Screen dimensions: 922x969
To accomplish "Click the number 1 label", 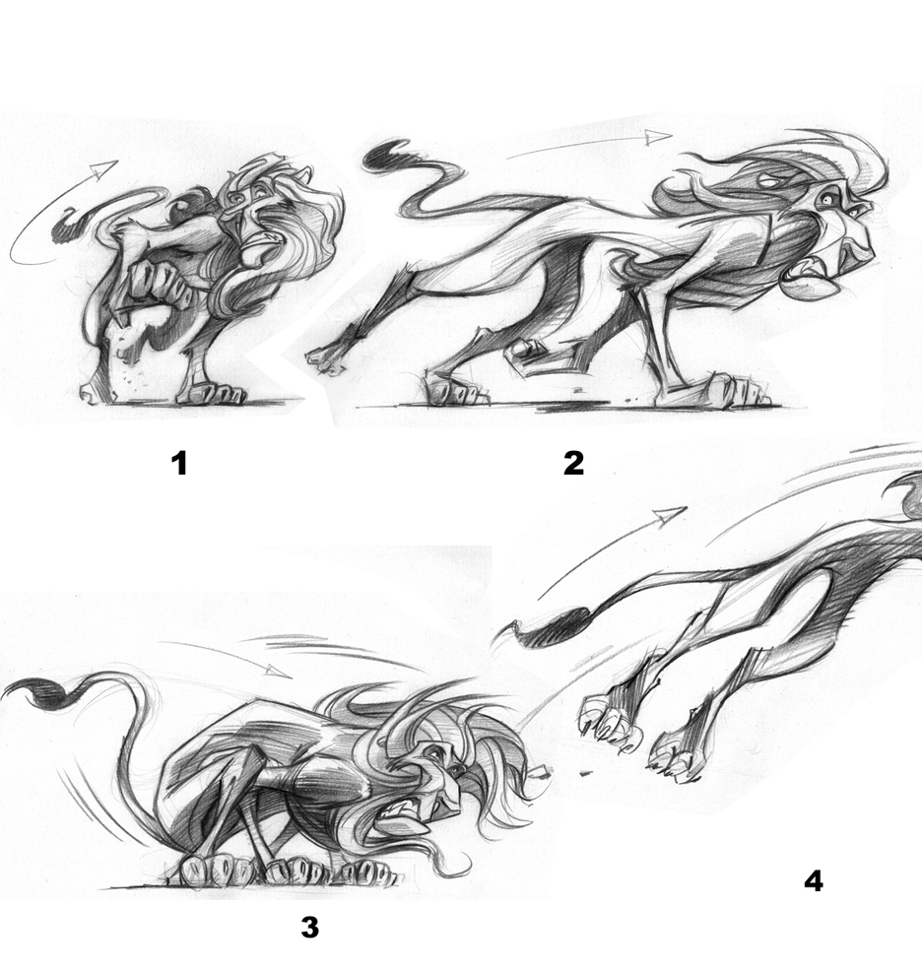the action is point(179,463).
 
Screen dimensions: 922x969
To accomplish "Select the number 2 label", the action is point(573,463).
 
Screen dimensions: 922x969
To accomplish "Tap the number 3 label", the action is point(309,927).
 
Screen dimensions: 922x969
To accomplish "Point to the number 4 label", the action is point(814,880).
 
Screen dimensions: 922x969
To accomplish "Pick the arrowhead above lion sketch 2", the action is point(658,137).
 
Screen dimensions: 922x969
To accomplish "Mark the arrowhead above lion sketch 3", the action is point(280,670).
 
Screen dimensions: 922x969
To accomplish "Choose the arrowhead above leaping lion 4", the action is point(670,515).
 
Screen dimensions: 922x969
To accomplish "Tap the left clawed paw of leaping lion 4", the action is point(611,723).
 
